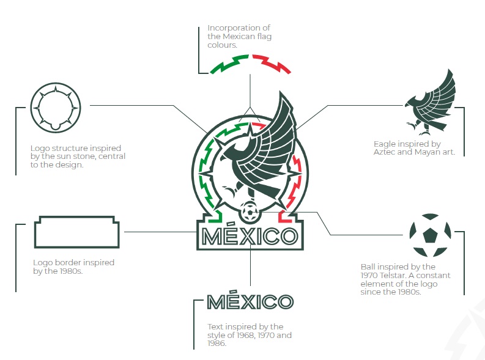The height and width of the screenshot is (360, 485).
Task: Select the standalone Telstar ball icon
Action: [430, 235]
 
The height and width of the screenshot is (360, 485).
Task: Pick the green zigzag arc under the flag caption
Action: [229, 64]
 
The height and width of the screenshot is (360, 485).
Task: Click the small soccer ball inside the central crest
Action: [249, 212]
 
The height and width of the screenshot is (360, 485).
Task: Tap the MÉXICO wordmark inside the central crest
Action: [250, 237]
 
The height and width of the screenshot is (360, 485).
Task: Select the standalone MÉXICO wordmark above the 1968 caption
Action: [250, 302]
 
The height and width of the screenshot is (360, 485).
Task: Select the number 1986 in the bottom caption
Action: [217, 343]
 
